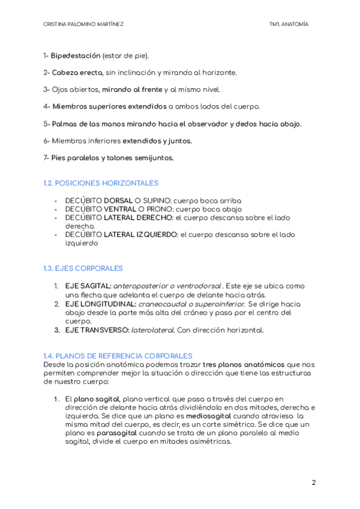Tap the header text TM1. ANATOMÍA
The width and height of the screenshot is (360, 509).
coord(289,24)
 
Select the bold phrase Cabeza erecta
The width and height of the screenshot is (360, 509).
coord(77,73)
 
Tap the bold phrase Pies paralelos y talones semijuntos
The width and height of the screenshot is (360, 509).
coord(112,158)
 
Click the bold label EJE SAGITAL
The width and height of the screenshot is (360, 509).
coord(88,286)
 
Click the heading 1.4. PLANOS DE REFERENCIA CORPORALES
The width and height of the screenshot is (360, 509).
coord(118,355)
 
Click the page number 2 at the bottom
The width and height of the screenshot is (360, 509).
coord(313,483)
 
